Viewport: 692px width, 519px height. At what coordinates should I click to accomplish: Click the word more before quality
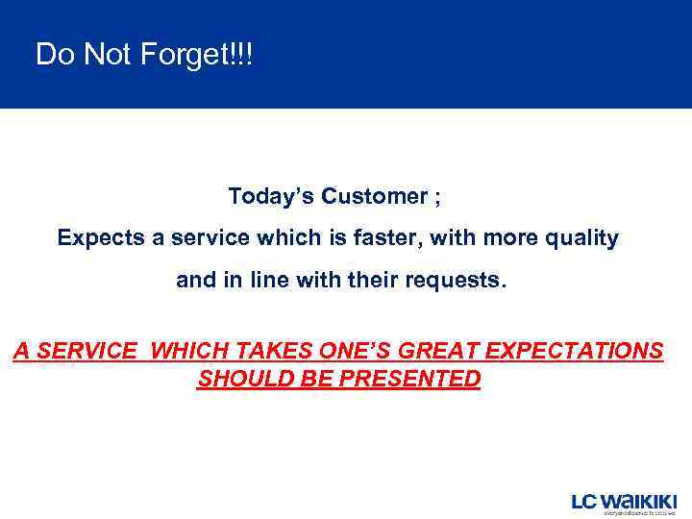point(511,238)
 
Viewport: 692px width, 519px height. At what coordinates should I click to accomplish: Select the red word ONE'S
point(361,352)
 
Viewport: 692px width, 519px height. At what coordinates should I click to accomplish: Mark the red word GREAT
point(452,352)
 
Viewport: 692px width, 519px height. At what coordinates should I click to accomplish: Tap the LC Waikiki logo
point(624,503)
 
